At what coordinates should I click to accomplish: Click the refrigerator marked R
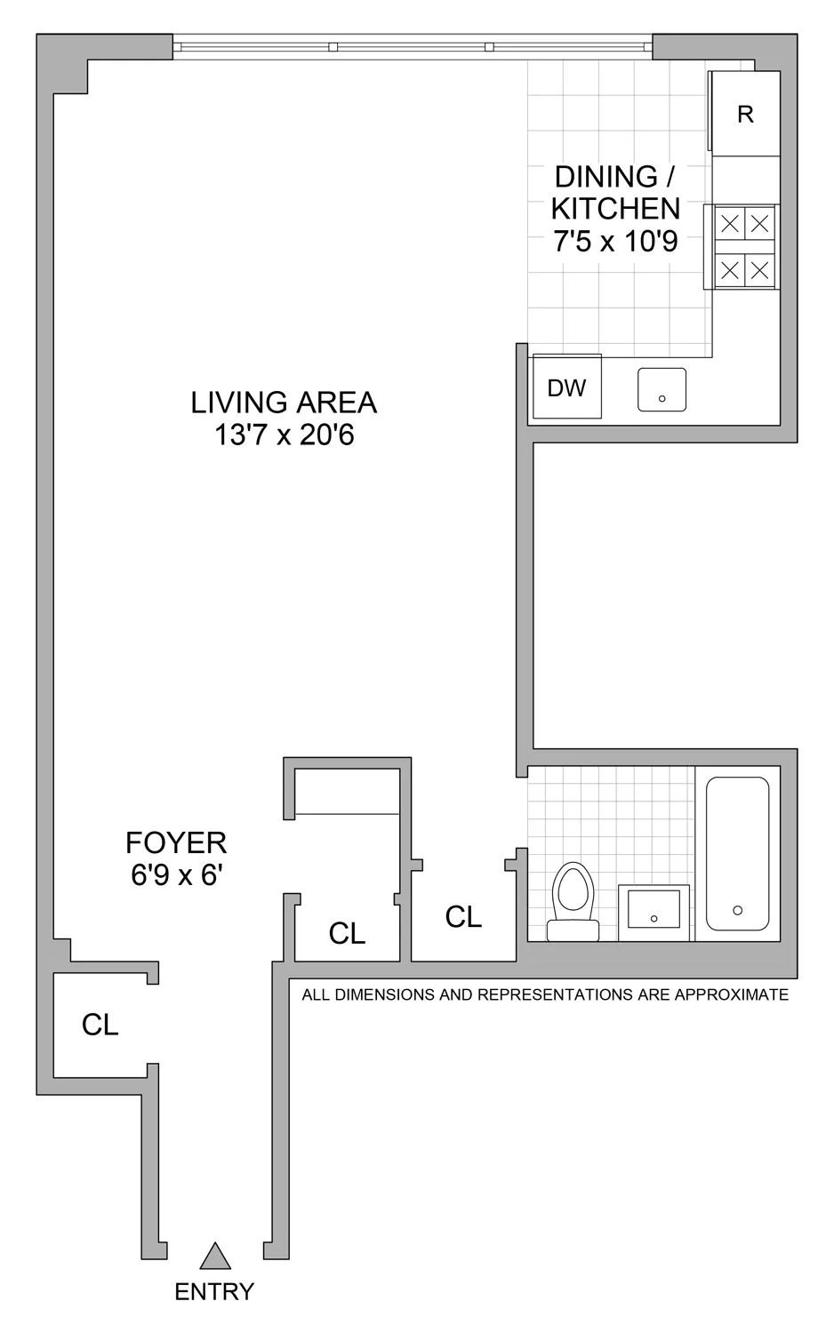(x=745, y=114)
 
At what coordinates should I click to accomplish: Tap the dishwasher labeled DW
(x=566, y=387)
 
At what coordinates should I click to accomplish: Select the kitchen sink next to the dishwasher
(x=662, y=390)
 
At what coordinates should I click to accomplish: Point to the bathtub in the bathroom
(x=737, y=853)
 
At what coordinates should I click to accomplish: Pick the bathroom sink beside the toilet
(x=654, y=910)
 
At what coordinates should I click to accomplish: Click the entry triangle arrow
(x=215, y=1256)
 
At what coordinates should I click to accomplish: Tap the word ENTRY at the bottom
(x=214, y=1291)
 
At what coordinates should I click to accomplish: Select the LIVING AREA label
(x=284, y=403)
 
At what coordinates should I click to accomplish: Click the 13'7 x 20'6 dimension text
(x=284, y=435)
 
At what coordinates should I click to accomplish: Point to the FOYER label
(x=176, y=842)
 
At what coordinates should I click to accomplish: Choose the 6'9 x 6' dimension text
(x=175, y=875)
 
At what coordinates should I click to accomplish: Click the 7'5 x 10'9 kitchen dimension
(x=615, y=241)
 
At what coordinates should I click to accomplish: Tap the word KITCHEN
(x=615, y=209)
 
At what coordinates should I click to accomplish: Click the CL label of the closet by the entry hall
(x=100, y=1025)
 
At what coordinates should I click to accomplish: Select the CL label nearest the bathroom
(x=463, y=916)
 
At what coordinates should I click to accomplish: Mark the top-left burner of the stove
(x=729, y=223)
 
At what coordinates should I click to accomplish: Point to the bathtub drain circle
(x=737, y=910)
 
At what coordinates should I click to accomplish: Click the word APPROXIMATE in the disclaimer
(x=732, y=994)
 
